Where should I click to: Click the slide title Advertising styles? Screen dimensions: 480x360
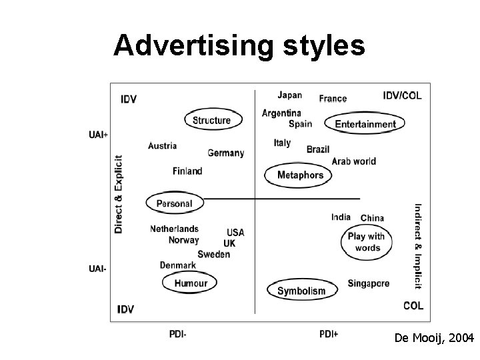coord(239,46)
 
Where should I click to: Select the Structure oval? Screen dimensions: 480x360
coord(212,120)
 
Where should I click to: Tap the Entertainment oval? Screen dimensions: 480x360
coord(365,123)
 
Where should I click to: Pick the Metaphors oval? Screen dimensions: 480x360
coord(299,175)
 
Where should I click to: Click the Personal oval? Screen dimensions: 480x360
coord(174,203)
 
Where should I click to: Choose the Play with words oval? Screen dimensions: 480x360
coord(367,242)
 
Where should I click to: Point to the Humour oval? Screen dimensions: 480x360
coord(191,283)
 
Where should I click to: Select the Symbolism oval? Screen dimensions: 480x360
coord(301,290)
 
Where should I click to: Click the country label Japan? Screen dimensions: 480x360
coord(289,95)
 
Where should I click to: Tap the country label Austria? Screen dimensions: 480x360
coord(163,146)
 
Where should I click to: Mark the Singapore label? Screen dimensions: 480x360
coord(369,283)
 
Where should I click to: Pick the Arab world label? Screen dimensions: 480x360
coord(353,161)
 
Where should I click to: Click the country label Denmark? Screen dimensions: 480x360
coord(178,265)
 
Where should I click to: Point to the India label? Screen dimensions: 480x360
coord(341,217)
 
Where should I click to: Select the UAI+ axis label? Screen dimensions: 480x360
coord(98,135)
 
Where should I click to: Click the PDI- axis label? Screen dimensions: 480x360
coord(177,334)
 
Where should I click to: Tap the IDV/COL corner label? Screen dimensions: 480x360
coord(402,96)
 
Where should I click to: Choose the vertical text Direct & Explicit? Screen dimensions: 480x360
coord(119,194)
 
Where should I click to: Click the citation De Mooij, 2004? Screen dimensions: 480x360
coord(433,339)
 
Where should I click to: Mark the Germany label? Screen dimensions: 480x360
coord(226,153)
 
